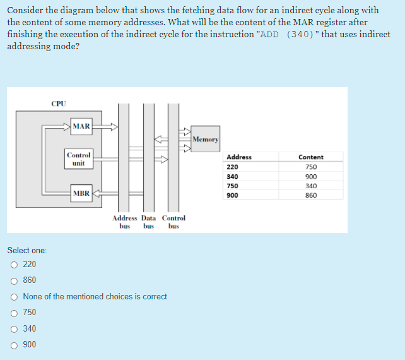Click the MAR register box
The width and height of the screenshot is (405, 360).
[81, 126]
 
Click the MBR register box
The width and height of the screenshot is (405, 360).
[81, 193]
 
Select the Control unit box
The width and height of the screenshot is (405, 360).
[79, 159]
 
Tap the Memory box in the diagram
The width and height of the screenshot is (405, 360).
[205, 139]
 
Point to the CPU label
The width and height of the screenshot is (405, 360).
[58, 103]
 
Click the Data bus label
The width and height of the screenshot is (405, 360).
[149, 222]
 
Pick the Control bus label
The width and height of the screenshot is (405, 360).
[173, 222]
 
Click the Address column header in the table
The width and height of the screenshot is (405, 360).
[238, 157]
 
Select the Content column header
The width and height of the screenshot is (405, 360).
[310, 157]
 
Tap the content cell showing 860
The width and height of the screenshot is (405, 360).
[310, 196]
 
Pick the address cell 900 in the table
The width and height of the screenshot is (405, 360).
[232, 196]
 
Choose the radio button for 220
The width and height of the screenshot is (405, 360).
[13, 265]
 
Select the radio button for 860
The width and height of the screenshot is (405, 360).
[13, 280]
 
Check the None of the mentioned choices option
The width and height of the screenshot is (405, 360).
[13, 296]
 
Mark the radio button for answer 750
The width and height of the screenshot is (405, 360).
[13, 313]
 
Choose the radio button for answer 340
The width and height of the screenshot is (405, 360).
[13, 328]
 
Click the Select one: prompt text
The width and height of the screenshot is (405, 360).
[26, 251]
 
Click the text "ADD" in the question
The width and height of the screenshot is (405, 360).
[269, 34]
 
